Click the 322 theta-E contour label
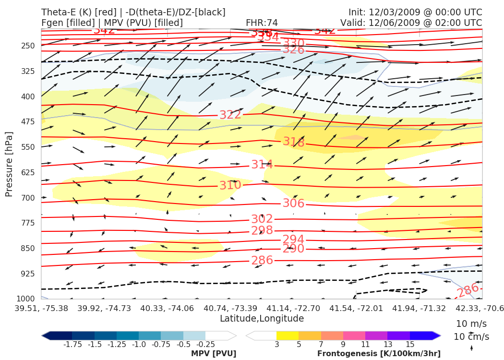pyautogui.click(x=230, y=115)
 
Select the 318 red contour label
pyautogui.click(x=294, y=142)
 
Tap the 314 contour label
pyautogui.click(x=262, y=165)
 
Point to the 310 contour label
pyautogui.click(x=230, y=185)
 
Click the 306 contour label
pyautogui.click(x=294, y=204)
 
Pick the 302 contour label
pyautogui.click(x=262, y=219)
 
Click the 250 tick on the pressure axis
pyautogui.click(x=28, y=46)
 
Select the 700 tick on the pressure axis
pyautogui.click(x=28, y=198)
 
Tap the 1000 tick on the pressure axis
pyautogui.click(x=26, y=299)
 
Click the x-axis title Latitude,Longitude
pyautogui.click(x=262, y=319)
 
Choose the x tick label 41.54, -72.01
pyautogui.click(x=356, y=308)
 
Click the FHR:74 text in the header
pyautogui.click(x=262, y=23)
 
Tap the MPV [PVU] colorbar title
pyautogui.click(x=214, y=354)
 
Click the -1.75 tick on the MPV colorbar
pyautogui.click(x=72, y=345)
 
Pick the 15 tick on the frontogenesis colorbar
pyautogui.click(x=410, y=345)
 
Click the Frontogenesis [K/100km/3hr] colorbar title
pyautogui.click(x=379, y=354)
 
